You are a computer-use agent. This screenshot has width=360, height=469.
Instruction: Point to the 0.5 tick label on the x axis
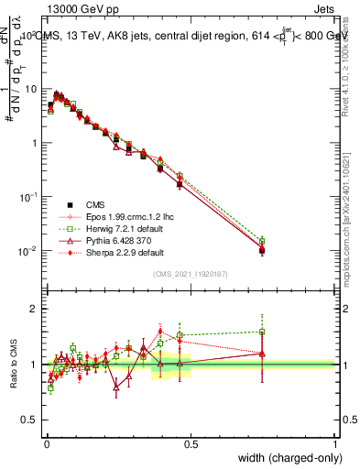pyautogui.click(x=191, y=444)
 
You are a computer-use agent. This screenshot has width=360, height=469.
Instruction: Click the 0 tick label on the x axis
pyautogui.click(x=46, y=444)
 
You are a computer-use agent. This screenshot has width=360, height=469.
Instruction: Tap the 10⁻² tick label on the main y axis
pyautogui.click(x=30, y=251)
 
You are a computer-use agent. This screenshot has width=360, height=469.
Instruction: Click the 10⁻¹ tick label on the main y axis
pyautogui.click(x=30, y=197)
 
